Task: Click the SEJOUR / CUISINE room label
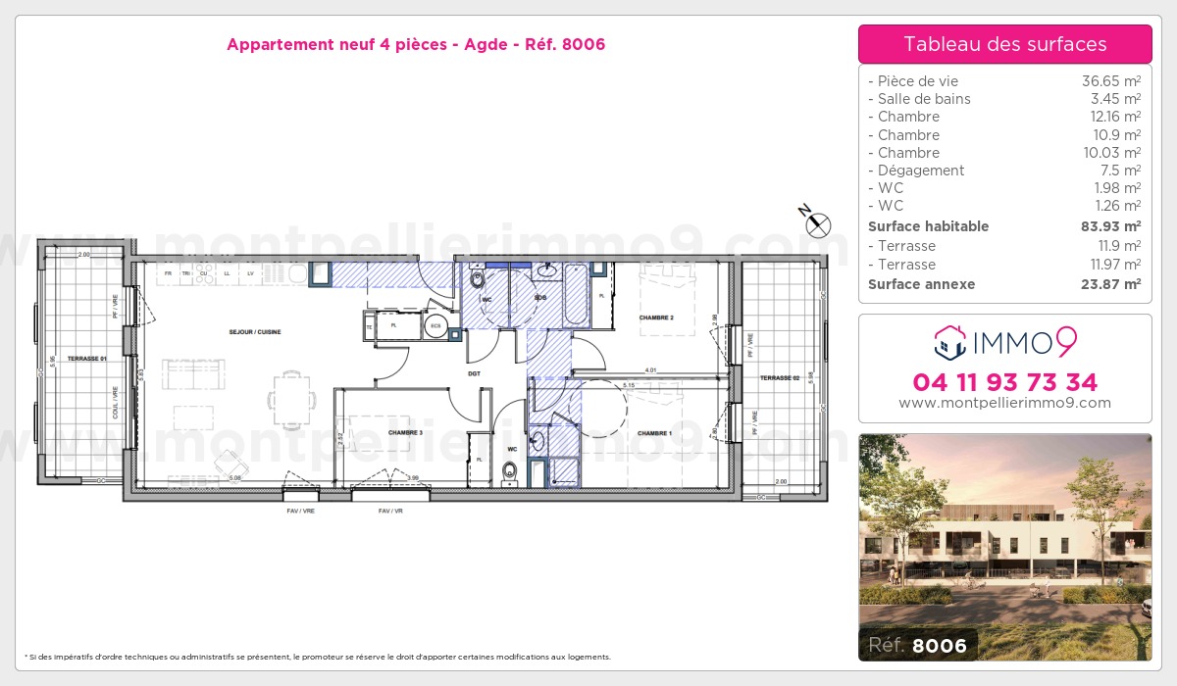[x=255, y=332]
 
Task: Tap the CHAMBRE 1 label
[x=654, y=433]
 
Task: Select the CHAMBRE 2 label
[x=656, y=318]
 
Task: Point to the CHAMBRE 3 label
[x=405, y=432]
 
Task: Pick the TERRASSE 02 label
[x=781, y=377]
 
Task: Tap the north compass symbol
[x=817, y=224]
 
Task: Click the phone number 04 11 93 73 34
[x=1004, y=382]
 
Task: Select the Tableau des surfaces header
[x=1004, y=44]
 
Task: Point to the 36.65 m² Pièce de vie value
[x=1110, y=81]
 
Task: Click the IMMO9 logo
[x=1004, y=343]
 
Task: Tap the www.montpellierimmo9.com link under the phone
[x=1004, y=403]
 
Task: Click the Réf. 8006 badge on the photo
[x=918, y=645]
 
